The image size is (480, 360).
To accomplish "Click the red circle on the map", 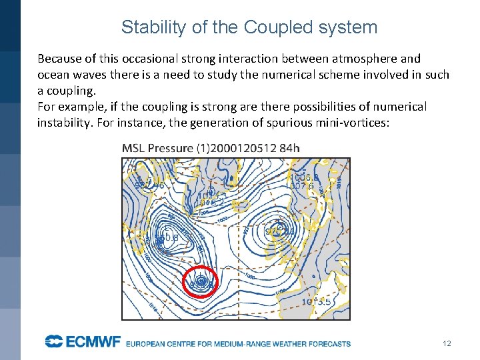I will pos(200,282).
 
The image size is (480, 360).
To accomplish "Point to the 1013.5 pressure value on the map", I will pos(317,302).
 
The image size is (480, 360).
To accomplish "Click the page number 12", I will pos(447,343).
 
